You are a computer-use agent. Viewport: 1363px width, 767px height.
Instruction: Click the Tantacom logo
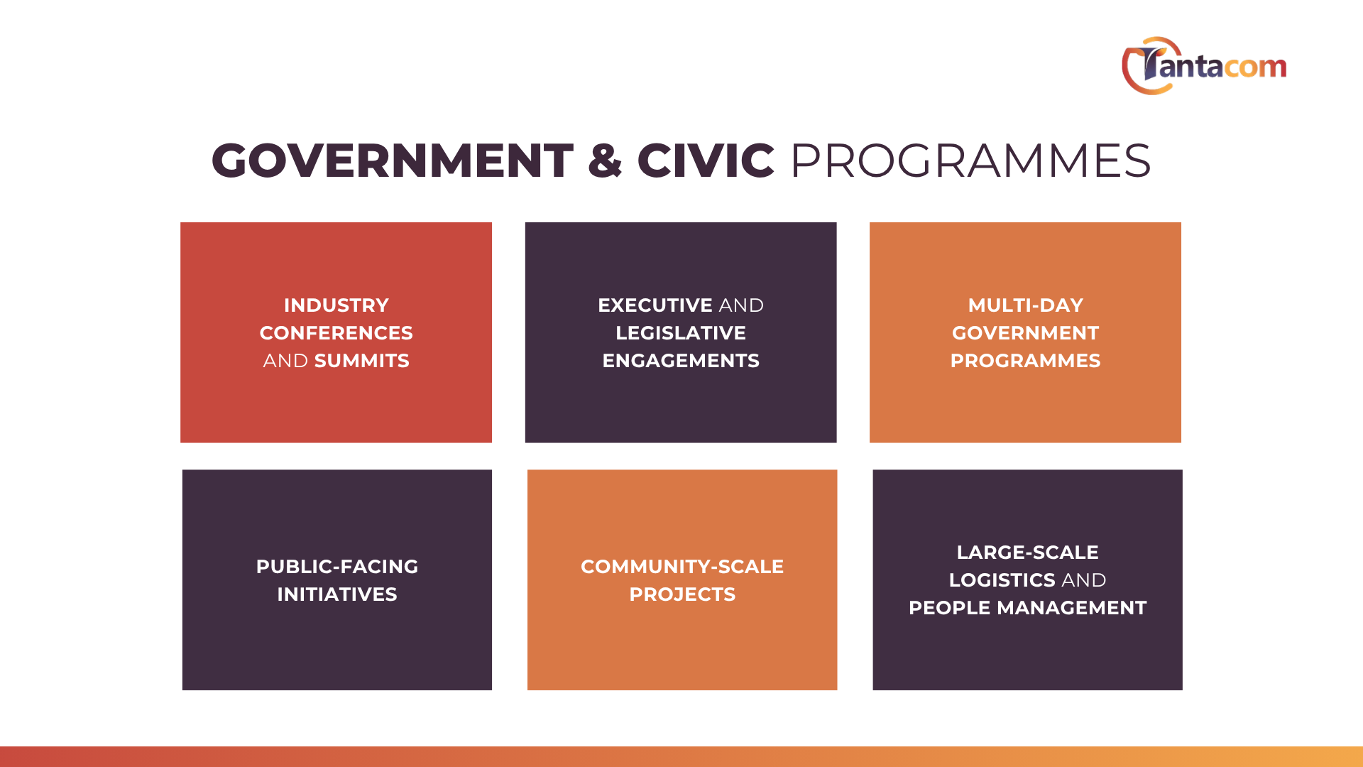[1204, 65]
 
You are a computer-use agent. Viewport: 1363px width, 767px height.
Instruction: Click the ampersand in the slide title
[605, 161]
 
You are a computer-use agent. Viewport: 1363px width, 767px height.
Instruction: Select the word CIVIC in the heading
[706, 161]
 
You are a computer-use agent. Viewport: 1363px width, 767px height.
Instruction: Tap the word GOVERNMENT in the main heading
[393, 161]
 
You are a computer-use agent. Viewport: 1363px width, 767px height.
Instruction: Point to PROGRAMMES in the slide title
[970, 161]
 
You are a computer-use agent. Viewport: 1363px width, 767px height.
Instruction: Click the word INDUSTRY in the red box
[336, 305]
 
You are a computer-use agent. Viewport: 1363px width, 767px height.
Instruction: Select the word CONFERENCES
[336, 333]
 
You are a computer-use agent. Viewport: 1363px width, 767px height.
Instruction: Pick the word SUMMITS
[362, 361]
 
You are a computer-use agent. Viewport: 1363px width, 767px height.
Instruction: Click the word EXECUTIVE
[655, 305]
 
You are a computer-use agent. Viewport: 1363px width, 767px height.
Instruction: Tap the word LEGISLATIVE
[681, 333]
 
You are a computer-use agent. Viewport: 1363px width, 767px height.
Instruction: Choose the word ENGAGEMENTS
[681, 361]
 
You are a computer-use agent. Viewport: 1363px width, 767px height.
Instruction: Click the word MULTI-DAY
[1026, 305]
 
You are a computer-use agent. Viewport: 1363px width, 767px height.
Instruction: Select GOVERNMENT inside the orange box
[1026, 333]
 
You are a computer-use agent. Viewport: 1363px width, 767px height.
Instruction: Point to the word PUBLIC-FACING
[337, 567]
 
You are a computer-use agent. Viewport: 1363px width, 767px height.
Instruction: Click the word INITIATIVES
[337, 594]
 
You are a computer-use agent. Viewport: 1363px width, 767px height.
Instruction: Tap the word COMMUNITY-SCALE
[682, 567]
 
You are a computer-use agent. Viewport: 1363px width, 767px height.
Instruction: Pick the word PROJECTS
[682, 594]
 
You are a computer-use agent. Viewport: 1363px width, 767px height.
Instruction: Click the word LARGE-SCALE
[1028, 553]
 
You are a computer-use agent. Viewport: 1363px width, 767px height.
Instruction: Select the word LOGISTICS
[1002, 580]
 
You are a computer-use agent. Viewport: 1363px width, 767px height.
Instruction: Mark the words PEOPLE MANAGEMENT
[1028, 608]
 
